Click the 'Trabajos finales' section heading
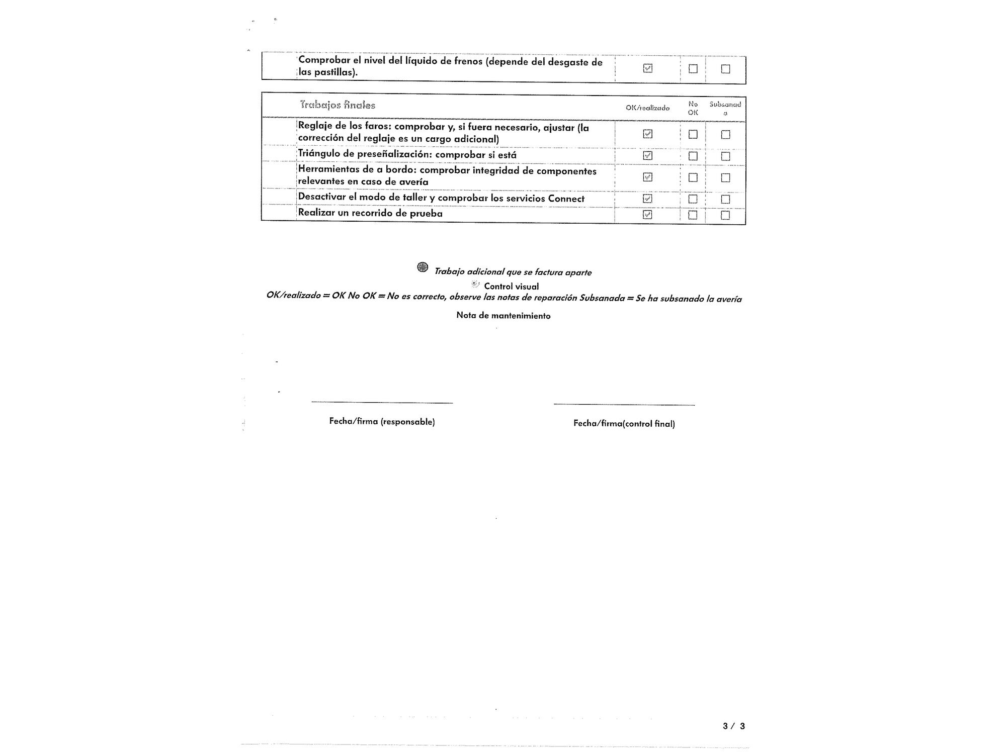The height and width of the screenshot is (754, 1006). [338, 105]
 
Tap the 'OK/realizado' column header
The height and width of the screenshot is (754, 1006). [647, 108]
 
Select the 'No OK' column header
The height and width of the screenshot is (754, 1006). [693, 108]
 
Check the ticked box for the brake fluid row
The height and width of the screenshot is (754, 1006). [648, 68]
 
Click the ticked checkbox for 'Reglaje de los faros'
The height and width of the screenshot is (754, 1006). [648, 134]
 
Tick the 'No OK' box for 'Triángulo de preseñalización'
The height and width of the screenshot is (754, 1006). [693, 156]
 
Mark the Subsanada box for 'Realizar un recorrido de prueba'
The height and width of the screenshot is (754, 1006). [725, 215]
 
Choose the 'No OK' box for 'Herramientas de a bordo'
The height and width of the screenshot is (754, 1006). [693, 177]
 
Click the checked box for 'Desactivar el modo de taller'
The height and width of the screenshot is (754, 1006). [648, 199]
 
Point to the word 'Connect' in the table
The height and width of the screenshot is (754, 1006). [566, 199]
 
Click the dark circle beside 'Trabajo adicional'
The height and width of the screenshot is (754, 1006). [423, 267]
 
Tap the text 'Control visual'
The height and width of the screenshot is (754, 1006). [511, 287]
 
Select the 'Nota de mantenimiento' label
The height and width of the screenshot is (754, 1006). [503, 316]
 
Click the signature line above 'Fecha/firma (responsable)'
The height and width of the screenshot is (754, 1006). [382, 403]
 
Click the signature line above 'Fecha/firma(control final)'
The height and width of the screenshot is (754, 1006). [624, 405]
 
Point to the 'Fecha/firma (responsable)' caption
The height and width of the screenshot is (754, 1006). [382, 422]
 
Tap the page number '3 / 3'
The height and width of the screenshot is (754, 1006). [733, 726]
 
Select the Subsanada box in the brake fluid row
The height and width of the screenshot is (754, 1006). [725, 69]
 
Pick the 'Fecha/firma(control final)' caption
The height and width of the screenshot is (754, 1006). [624, 424]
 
